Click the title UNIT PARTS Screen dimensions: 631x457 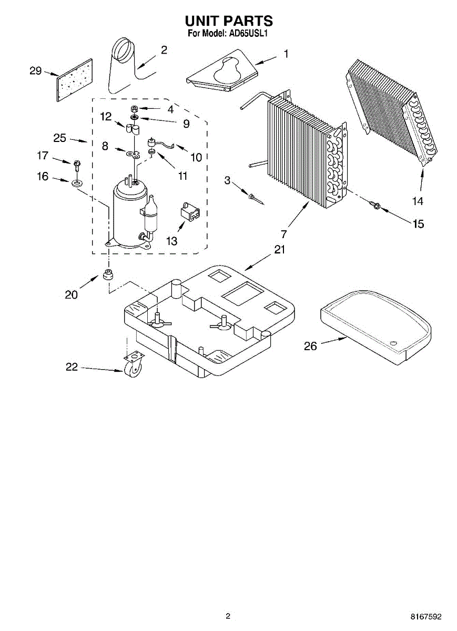point(228,21)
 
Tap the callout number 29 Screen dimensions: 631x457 point(36,71)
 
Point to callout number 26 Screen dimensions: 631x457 point(311,346)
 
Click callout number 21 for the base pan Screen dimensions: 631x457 point(279,249)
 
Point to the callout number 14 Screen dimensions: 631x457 point(417,201)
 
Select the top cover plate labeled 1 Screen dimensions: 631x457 point(221,71)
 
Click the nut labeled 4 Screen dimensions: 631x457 point(134,109)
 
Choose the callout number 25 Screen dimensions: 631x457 point(59,138)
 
